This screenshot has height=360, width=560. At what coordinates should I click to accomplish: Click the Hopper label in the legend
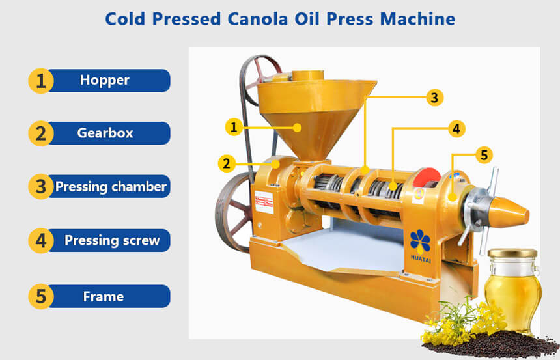coord(105,80)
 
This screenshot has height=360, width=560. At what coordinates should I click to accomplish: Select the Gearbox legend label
coord(105,133)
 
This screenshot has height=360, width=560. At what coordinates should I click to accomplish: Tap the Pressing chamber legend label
coord(111,187)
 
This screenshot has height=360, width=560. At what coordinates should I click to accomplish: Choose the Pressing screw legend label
coord(111,240)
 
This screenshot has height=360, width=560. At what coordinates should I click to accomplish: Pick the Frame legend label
coord(104,297)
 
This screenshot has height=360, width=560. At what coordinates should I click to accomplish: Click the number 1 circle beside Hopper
coord(41,81)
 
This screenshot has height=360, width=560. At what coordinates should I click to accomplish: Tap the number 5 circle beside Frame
coord(41,297)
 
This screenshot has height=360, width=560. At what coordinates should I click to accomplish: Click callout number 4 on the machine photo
coord(457,129)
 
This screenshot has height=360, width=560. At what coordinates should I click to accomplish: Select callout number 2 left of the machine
coord(226,163)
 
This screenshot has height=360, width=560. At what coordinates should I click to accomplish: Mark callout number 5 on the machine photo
coord(483,155)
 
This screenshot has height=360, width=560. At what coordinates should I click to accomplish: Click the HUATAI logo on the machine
coord(420,245)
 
